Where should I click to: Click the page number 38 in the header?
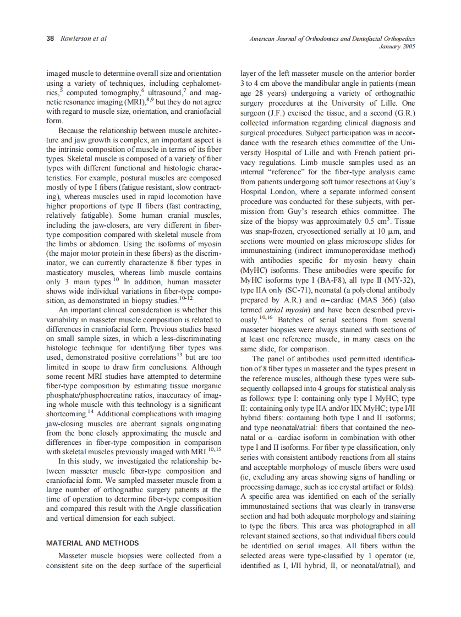(x=50, y=39)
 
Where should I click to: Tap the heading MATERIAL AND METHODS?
(x=92, y=543)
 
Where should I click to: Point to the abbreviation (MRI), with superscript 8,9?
(x=131, y=102)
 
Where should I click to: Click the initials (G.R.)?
(x=404, y=113)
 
